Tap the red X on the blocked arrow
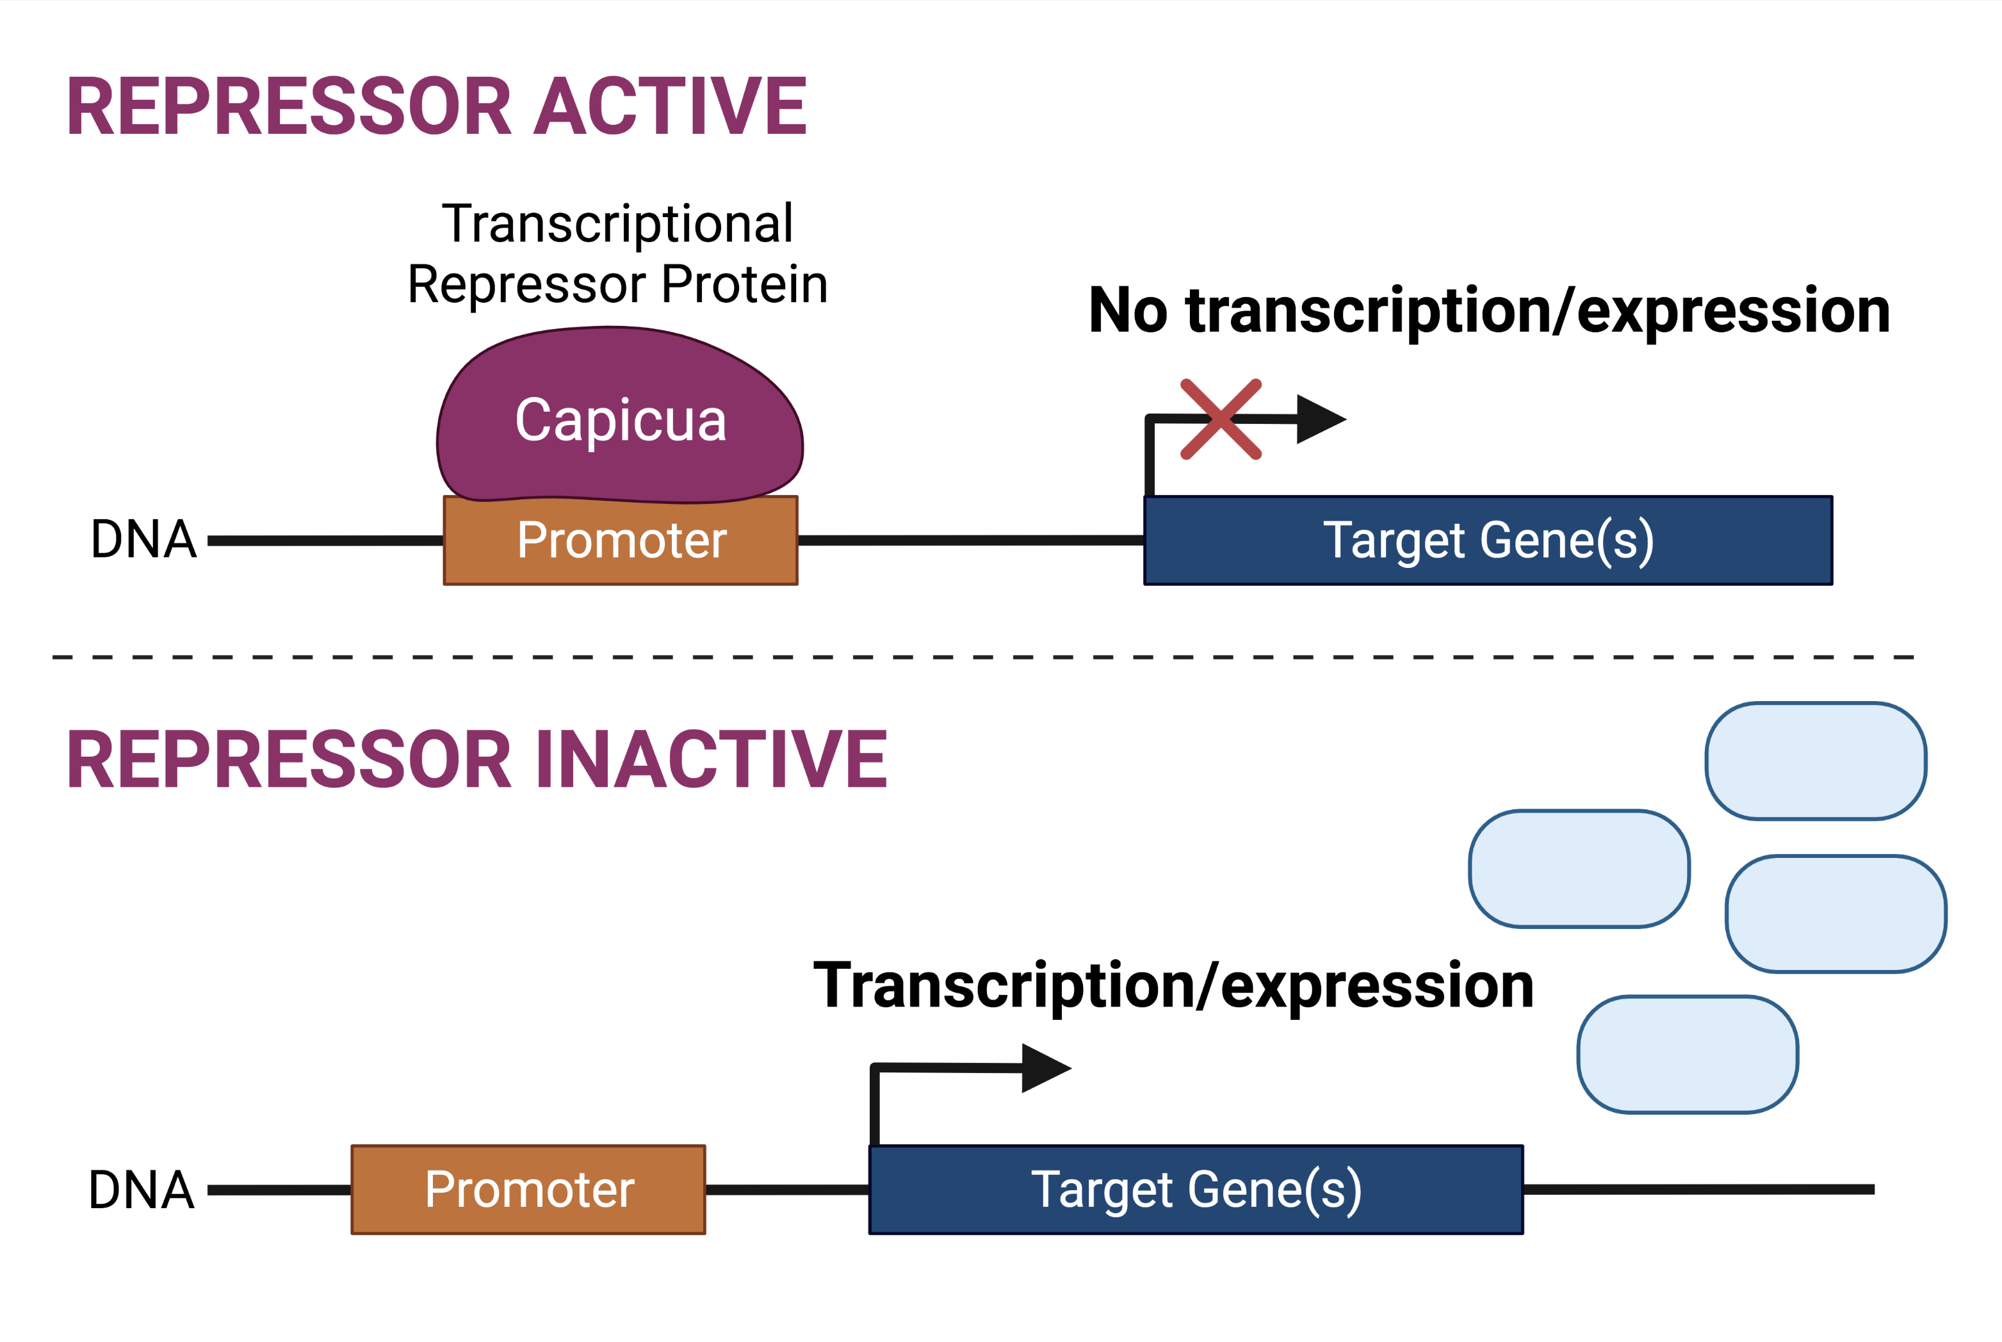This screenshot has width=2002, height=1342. pos(1221,419)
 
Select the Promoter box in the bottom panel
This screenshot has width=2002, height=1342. pos(528,1190)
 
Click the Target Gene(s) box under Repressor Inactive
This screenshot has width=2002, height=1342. pos(1196,1190)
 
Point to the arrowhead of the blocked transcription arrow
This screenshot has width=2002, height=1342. pos(1318,419)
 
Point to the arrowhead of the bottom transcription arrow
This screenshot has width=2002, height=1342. pos(1043,1068)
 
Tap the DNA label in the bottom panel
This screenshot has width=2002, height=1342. pos(142,1190)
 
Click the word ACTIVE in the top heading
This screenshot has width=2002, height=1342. pos(670,107)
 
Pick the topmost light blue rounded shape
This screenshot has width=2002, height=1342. pos(1816,761)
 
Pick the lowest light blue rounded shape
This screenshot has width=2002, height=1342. pos(1687,1055)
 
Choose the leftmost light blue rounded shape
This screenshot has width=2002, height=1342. pos(1578,869)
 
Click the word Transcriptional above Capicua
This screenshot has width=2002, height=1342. pos(617,224)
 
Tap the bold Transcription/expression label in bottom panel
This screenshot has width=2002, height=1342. pos(1173,986)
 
